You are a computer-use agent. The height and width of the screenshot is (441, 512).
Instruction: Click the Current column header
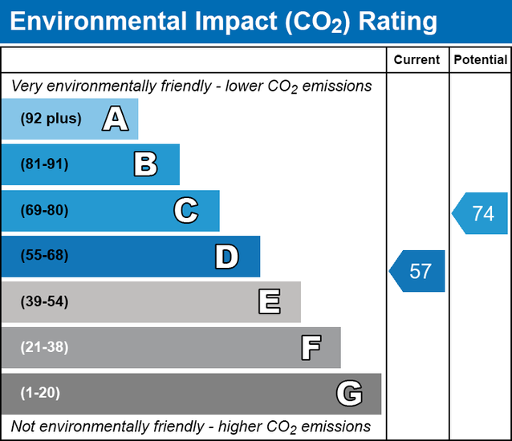[417, 60]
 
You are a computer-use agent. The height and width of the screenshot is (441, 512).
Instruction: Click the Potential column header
[480, 60]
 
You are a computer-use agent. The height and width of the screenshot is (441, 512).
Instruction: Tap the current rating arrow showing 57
[418, 271]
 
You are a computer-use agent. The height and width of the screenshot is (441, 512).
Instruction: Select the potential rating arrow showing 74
[481, 213]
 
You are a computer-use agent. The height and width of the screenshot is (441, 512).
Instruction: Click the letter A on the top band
[115, 119]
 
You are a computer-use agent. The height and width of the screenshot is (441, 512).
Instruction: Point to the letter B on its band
[145, 165]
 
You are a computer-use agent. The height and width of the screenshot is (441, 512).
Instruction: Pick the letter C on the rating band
[185, 211]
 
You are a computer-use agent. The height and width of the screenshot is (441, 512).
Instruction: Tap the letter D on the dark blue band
[226, 257]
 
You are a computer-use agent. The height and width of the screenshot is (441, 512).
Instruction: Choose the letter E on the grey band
[269, 302]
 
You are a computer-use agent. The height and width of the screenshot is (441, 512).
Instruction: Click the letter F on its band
[310, 348]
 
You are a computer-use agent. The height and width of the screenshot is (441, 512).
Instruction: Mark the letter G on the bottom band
[349, 394]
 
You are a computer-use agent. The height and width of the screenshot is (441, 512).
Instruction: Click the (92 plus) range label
[51, 119]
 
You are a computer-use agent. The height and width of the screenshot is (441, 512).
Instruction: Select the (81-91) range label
[45, 164]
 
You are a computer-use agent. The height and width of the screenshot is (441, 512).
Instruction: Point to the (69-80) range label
[45, 211]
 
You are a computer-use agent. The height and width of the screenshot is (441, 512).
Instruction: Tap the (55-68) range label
[45, 257]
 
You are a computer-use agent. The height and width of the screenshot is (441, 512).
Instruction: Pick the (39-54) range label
[45, 302]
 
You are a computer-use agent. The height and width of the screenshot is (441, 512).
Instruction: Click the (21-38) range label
[45, 348]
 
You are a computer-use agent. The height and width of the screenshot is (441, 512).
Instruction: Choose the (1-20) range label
[41, 394]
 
